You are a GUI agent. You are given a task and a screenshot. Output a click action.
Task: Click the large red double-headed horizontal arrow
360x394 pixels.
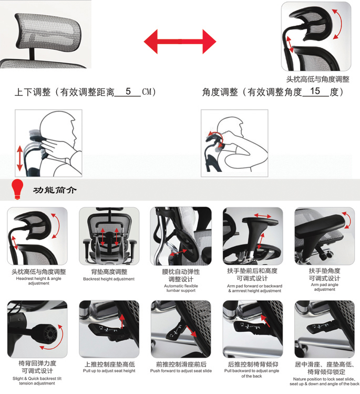[180, 41]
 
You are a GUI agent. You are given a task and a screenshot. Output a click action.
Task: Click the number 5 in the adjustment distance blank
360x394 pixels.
[128, 91]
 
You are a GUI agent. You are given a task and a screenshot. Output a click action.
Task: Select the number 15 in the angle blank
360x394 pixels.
[315, 91]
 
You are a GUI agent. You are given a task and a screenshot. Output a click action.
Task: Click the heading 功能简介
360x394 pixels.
[55, 190]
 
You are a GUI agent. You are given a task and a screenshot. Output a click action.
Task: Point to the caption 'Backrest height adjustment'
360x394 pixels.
[109, 279]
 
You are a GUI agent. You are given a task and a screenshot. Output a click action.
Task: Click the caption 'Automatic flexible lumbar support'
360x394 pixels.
[181, 288]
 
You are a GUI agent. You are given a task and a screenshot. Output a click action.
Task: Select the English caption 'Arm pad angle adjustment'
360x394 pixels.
[324, 287]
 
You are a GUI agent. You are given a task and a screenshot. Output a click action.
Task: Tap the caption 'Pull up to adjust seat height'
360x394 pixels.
[109, 371]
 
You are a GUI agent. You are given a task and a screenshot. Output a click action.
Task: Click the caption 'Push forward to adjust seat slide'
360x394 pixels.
[181, 371]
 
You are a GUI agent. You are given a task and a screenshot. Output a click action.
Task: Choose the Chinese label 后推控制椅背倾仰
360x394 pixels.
[253, 364]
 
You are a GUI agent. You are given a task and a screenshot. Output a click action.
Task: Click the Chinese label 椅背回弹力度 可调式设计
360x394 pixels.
[37, 367]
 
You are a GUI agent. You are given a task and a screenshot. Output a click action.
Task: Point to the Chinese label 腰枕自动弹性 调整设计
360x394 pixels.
[181, 275]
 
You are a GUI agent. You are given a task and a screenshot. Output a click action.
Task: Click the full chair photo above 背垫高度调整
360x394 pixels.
[109, 236]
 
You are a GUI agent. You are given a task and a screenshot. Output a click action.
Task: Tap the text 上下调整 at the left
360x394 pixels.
[33, 92]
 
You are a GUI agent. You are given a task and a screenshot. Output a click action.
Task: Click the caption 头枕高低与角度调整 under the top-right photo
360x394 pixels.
[317, 79]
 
